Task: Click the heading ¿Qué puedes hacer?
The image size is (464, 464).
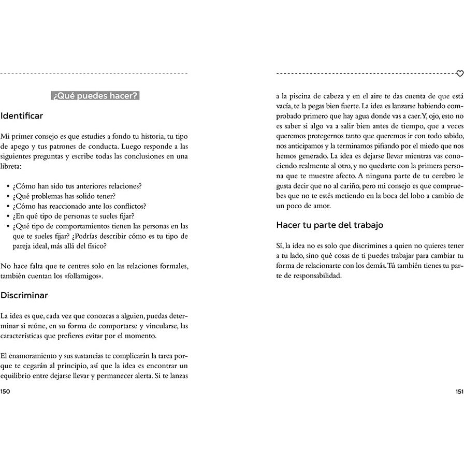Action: pos(95,96)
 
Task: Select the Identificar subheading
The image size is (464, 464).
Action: pos(22,116)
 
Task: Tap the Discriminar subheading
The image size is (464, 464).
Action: pos(24,296)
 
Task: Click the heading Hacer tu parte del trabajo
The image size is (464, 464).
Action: pos(329,225)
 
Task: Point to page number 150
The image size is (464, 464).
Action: pos(6,392)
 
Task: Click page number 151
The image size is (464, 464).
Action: pos(458,392)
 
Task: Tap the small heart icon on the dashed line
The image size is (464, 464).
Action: pos(459,74)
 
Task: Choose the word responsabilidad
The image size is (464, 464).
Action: pos(315,275)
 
